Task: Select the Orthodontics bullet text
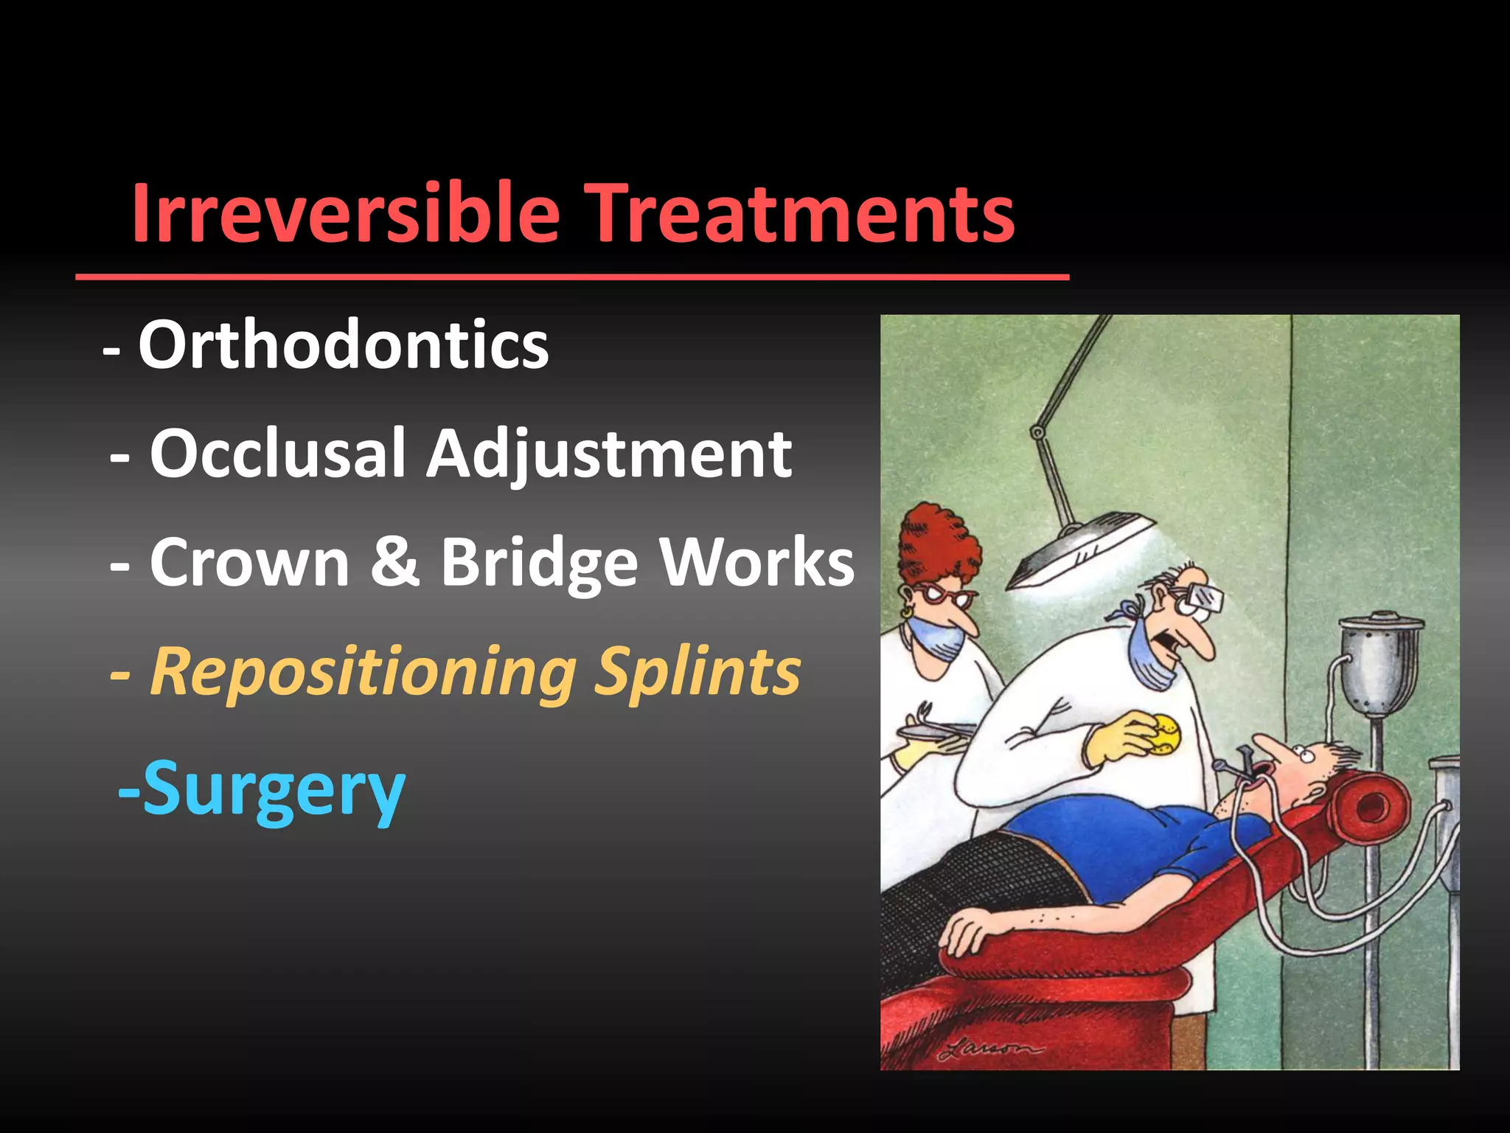pos(344,344)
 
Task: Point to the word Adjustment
pos(609,454)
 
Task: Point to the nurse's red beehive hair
pos(938,546)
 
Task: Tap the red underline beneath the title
pos(572,277)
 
